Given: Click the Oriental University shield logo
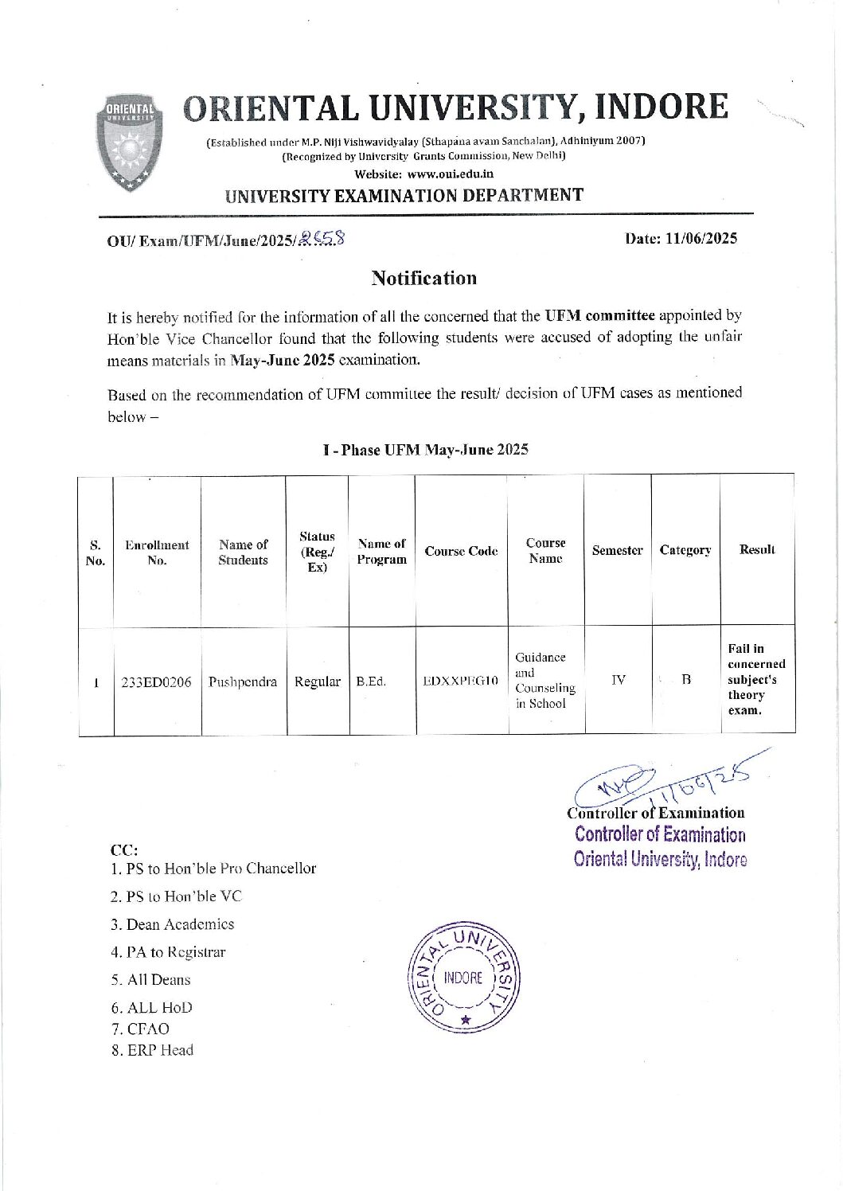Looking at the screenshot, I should (x=132, y=143).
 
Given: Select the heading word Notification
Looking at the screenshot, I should (x=423, y=278).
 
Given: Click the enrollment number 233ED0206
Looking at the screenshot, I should (x=156, y=681).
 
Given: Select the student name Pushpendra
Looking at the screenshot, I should (x=243, y=681).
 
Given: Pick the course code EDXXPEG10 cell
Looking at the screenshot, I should (x=460, y=681).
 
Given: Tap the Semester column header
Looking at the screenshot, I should (x=617, y=550).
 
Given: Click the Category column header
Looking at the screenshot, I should (x=685, y=550).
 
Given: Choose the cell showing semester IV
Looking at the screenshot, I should (x=618, y=680).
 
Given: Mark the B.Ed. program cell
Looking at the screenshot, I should (x=371, y=681).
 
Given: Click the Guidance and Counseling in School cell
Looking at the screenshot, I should (x=545, y=680).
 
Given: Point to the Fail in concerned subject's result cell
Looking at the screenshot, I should (x=756, y=679).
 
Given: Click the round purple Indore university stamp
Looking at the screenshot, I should (x=463, y=978).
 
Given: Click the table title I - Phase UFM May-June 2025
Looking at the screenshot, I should (x=425, y=450).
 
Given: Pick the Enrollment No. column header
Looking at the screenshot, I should (x=157, y=552).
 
